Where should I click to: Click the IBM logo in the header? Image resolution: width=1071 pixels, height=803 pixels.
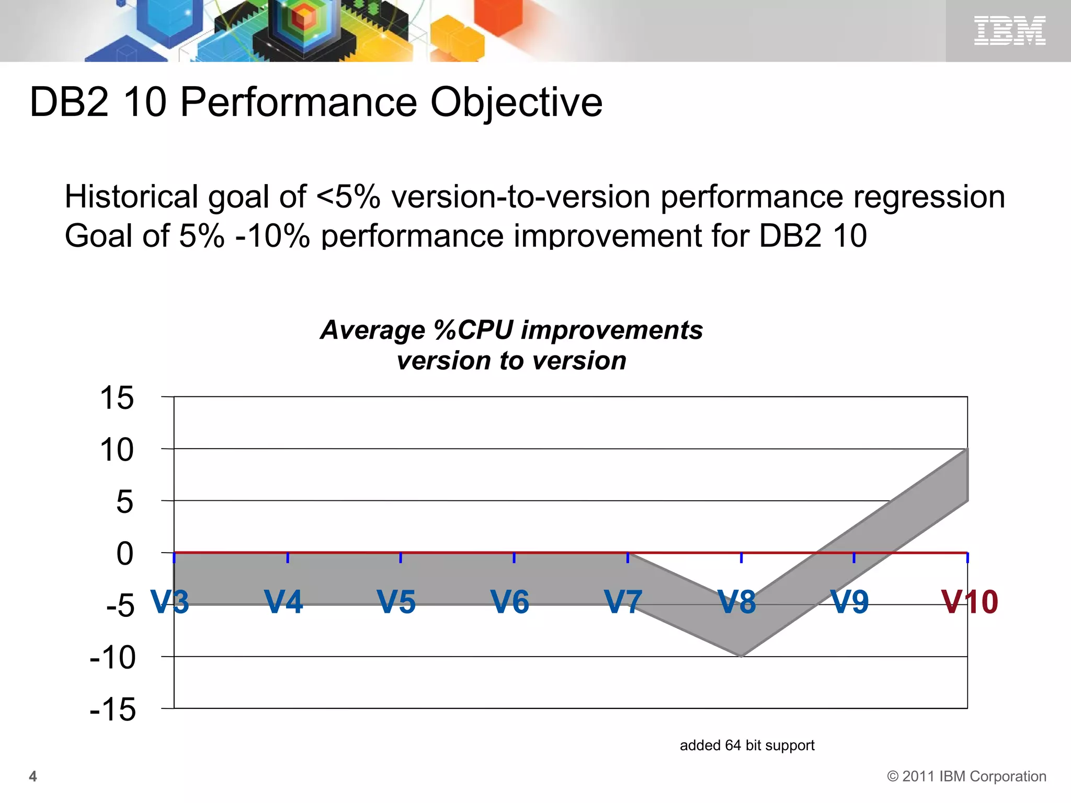(1009, 30)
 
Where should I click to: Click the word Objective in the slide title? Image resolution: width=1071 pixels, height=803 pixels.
(516, 102)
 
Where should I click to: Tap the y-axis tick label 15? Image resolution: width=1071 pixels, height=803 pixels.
(117, 398)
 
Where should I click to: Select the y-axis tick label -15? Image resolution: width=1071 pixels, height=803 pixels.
(112, 709)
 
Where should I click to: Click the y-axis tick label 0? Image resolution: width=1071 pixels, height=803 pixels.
(124, 554)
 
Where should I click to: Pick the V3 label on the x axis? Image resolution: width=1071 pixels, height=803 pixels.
(170, 602)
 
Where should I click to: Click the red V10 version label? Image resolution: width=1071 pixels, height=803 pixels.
(970, 602)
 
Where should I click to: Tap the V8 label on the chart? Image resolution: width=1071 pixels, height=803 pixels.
(736, 602)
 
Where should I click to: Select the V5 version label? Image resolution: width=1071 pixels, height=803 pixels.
(396, 602)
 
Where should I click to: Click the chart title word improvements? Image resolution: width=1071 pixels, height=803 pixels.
(612, 330)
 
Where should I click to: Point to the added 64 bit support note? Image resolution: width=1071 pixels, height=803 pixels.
(747, 745)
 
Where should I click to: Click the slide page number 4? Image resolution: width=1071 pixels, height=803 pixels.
(33, 776)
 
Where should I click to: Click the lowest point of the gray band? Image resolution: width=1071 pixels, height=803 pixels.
(742, 655)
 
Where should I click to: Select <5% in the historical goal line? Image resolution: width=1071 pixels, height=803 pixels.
(348, 197)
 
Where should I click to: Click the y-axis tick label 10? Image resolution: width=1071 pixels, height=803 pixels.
(117, 450)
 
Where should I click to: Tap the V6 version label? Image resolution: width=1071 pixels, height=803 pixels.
(510, 602)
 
